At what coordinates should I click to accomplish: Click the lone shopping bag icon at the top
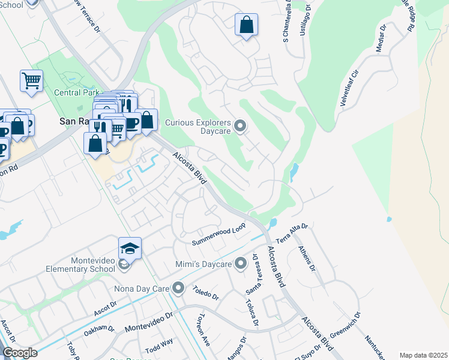(x=246, y=25)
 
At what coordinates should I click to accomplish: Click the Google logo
(x=19, y=352)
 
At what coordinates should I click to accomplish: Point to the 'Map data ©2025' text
(x=423, y=355)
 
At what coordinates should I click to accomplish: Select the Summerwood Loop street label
(x=219, y=235)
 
